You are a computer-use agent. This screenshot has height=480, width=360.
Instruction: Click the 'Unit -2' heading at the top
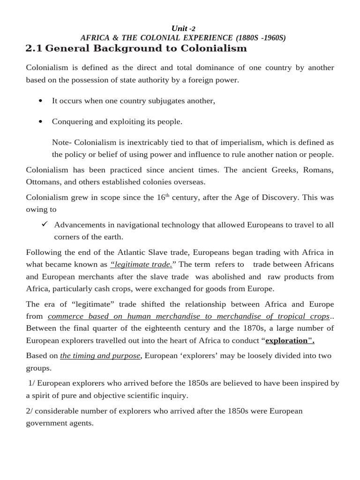click(x=180, y=28)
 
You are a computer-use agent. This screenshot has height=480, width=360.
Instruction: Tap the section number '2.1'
click(x=34, y=48)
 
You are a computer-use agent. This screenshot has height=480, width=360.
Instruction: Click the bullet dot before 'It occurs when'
click(x=41, y=101)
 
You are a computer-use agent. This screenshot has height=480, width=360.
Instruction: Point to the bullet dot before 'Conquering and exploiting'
click(x=41, y=121)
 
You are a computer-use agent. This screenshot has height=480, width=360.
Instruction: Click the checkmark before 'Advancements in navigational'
click(x=45, y=225)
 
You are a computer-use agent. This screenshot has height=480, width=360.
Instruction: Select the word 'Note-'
click(x=62, y=142)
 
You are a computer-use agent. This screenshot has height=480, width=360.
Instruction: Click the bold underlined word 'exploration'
click(x=289, y=340)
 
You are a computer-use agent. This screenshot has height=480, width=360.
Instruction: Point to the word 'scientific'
click(x=132, y=395)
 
